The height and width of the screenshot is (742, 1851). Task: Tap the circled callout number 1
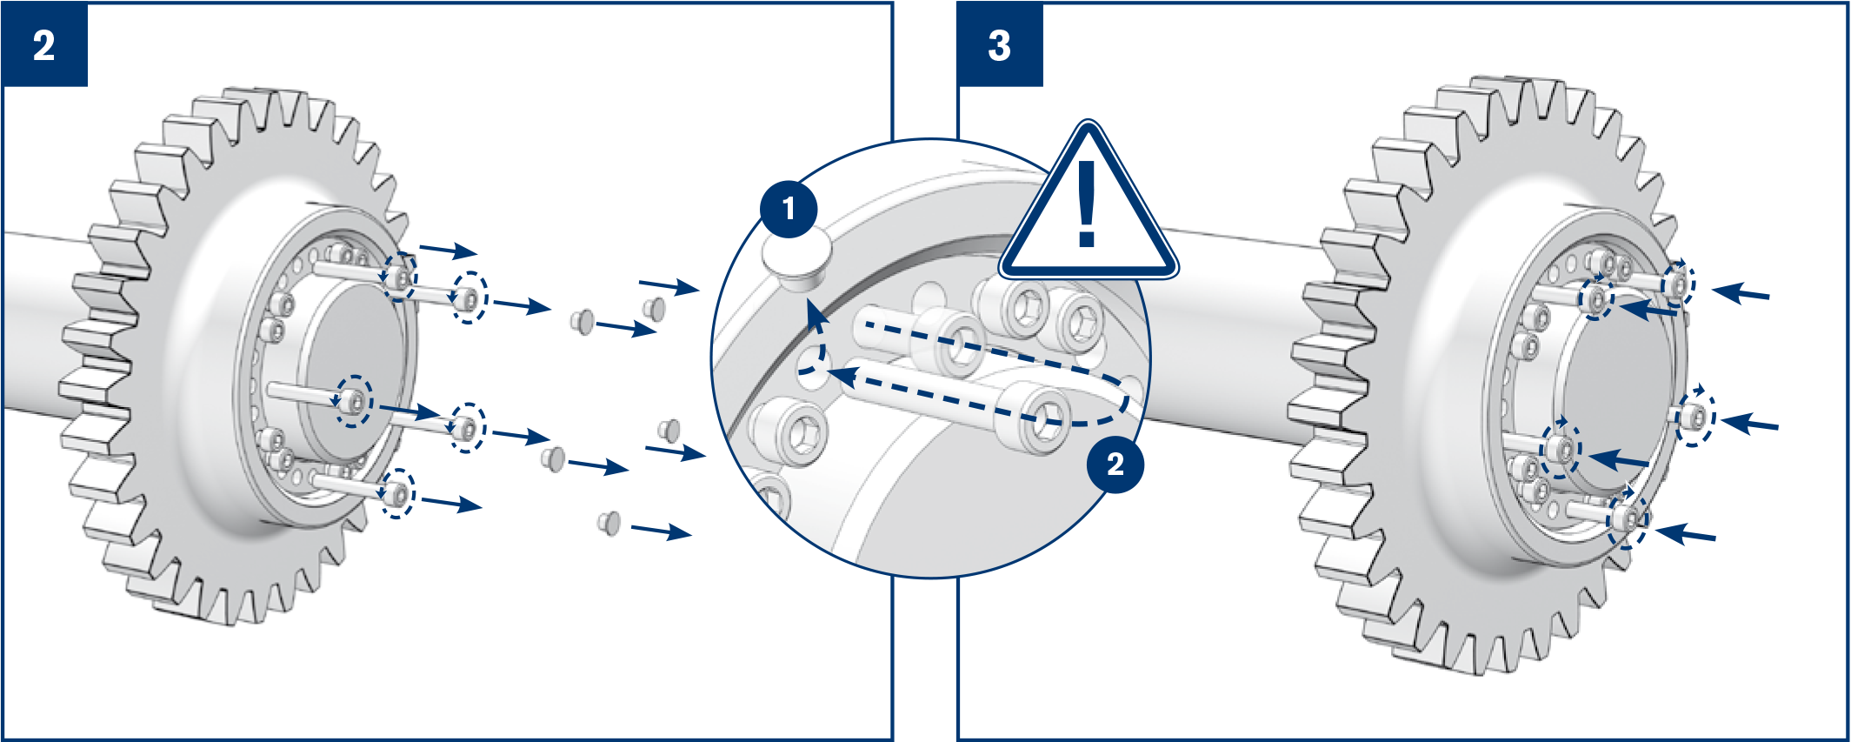point(789,209)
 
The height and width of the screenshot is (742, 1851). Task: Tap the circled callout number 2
point(1115,465)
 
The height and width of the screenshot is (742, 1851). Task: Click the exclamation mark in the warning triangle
point(1087,204)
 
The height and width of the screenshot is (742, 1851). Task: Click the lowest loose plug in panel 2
point(609,523)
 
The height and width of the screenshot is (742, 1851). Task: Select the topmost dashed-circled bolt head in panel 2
point(399,277)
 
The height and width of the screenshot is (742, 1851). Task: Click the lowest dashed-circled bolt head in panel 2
point(397,494)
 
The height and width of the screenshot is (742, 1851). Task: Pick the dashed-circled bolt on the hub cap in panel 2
point(354,401)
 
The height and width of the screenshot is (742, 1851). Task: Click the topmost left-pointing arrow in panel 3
point(1741,293)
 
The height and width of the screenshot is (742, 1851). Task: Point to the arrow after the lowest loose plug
point(662,530)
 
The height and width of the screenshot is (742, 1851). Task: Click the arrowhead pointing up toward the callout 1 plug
point(815,313)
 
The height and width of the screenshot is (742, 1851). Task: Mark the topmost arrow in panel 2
point(449,251)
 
